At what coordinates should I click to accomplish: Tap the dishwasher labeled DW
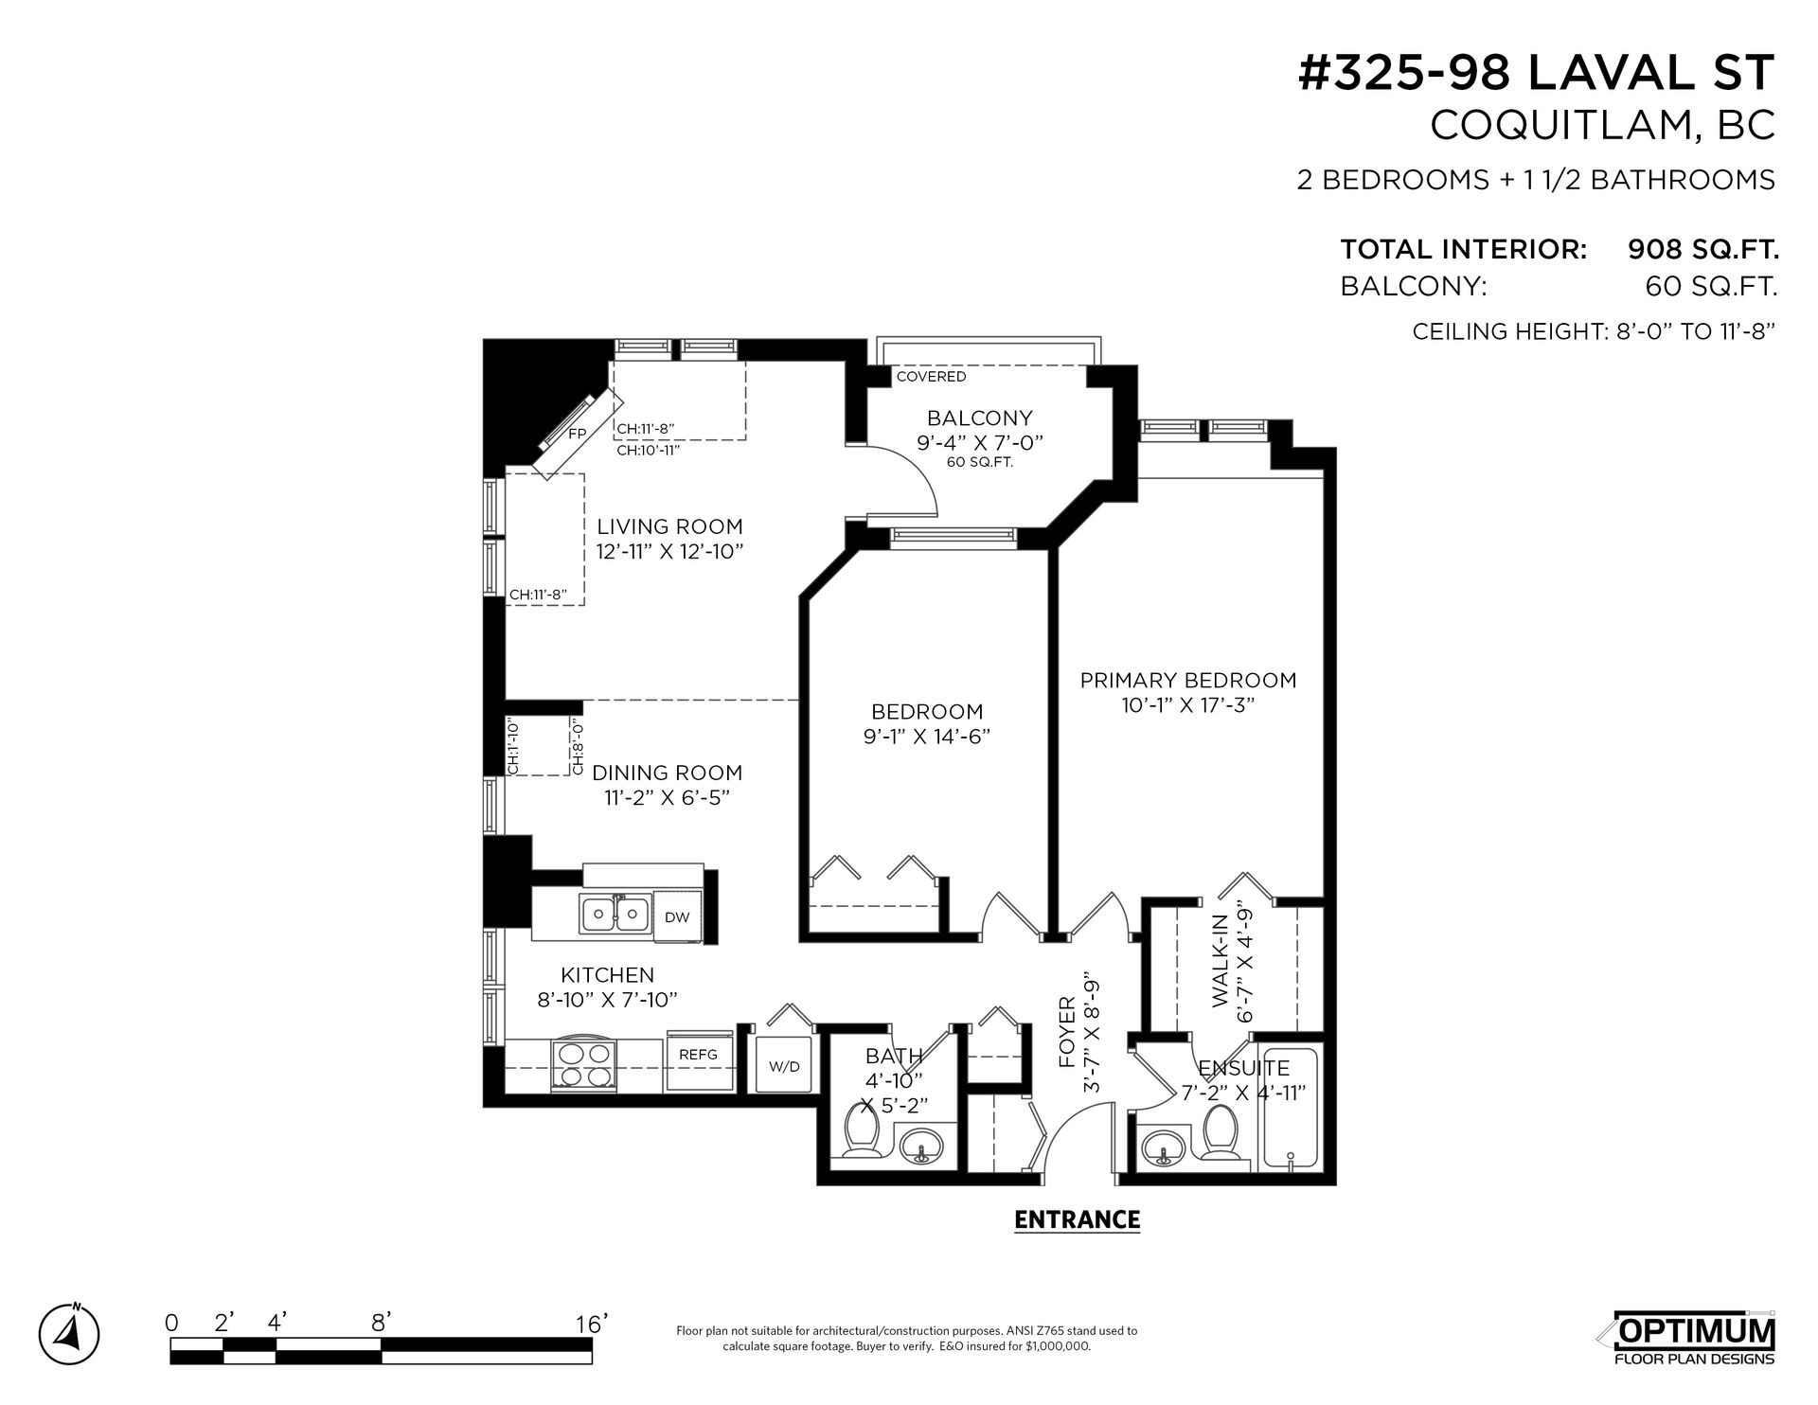pyautogui.click(x=677, y=916)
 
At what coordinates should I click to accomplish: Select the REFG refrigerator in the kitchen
pyautogui.click(x=698, y=1061)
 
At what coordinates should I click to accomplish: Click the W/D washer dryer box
pyautogui.click(x=784, y=1066)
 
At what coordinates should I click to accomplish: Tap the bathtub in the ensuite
pyautogui.click(x=1291, y=1107)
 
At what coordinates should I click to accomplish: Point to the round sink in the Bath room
pyautogui.click(x=918, y=1147)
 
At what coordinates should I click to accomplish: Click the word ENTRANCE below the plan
pyautogui.click(x=1077, y=1219)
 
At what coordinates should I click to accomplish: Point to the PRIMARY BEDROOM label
pyautogui.click(x=1188, y=680)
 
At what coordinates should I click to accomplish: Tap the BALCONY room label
pyautogui.click(x=979, y=418)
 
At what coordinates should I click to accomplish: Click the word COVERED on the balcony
pyautogui.click(x=932, y=377)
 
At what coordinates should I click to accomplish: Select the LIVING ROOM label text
pyautogui.click(x=669, y=526)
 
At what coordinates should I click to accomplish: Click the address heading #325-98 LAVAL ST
pyautogui.click(x=1536, y=73)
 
